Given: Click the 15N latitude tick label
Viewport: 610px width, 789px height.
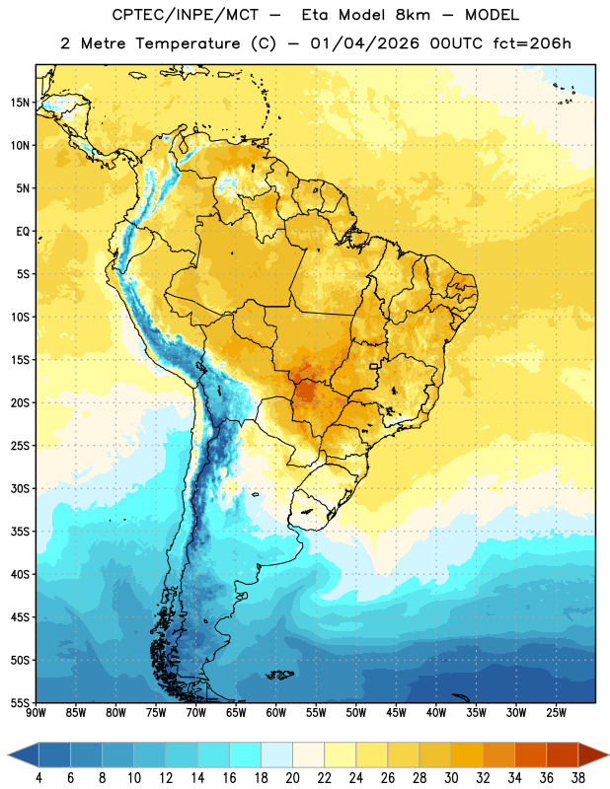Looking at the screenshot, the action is point(20,103).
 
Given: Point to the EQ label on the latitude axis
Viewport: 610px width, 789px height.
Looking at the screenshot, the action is point(23,232).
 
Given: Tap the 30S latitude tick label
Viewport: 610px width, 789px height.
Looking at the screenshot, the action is point(20,488).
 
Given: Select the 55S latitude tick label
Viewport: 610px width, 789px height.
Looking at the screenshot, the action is point(20,703).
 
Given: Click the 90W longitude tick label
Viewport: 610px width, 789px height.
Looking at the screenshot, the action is point(36,713).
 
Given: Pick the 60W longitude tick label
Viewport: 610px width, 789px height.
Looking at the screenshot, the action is point(276,713).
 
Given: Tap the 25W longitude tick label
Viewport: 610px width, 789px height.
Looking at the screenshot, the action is point(556,713).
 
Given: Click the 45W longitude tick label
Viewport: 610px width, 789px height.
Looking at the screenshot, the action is point(396,713).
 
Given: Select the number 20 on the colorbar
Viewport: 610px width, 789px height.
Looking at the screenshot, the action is point(292,778).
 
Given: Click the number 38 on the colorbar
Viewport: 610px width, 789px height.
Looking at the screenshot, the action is point(578,778).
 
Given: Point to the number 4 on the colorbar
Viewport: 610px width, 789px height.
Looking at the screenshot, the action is point(38,778).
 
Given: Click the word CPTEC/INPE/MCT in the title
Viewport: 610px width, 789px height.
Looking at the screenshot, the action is point(186,15).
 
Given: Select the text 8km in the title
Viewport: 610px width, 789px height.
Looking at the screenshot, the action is point(413,15).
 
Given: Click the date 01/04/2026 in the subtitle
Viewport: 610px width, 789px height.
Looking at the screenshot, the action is point(364,43).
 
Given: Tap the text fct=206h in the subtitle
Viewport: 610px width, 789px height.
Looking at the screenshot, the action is point(532,43).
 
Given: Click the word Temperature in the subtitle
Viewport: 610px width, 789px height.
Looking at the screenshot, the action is point(188,43).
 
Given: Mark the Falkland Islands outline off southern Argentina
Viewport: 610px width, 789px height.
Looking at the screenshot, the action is point(279,675).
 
